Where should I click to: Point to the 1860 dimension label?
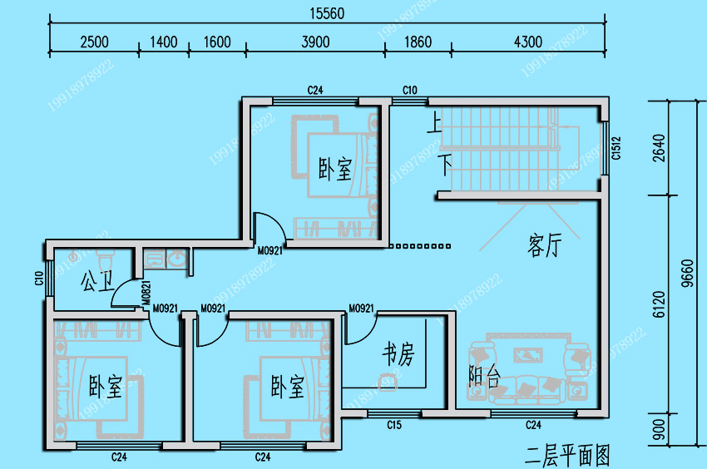[418, 42]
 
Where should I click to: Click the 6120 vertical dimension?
[659, 304]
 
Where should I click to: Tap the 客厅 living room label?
[544, 245]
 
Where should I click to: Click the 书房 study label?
[398, 354]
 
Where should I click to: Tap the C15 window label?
[394, 426]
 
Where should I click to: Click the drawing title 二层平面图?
[568, 455]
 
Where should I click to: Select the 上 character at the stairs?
[433, 125]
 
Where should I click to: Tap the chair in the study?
[387, 381]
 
